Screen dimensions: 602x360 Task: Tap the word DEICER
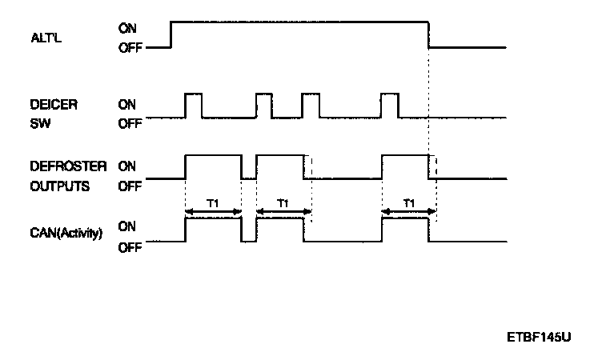click(50, 104)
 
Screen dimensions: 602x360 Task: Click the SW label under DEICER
click(38, 124)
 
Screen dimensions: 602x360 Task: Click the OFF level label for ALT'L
click(128, 47)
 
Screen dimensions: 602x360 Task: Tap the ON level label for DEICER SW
click(126, 104)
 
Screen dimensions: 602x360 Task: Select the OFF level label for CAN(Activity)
click(128, 247)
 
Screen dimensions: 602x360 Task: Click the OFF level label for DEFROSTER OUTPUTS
click(128, 186)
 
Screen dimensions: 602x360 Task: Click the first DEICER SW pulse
click(193, 105)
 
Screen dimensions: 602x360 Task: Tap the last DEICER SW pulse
click(390, 105)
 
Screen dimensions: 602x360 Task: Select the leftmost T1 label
click(213, 204)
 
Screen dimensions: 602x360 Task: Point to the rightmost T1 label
click(409, 204)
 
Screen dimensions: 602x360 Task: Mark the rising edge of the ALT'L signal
click(171, 34)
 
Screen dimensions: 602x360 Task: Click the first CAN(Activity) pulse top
click(213, 218)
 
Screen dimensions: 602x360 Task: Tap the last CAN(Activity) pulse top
click(406, 218)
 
